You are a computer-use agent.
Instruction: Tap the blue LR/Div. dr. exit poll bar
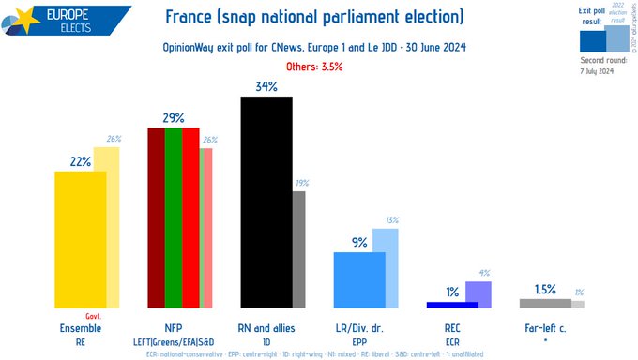359,279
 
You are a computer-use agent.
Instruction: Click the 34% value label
266,86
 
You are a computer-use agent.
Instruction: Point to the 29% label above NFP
173,118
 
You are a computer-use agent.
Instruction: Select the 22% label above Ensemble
80,161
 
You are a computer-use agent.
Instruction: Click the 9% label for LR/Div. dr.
359,242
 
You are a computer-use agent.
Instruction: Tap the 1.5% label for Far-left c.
545,289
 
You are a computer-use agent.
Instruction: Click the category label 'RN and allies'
266,328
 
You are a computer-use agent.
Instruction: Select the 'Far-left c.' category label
545,328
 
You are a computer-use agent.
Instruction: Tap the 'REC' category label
452,328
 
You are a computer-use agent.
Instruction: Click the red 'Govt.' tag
93,316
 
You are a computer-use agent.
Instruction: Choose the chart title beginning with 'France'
313,18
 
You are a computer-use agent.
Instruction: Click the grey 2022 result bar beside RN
298,249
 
